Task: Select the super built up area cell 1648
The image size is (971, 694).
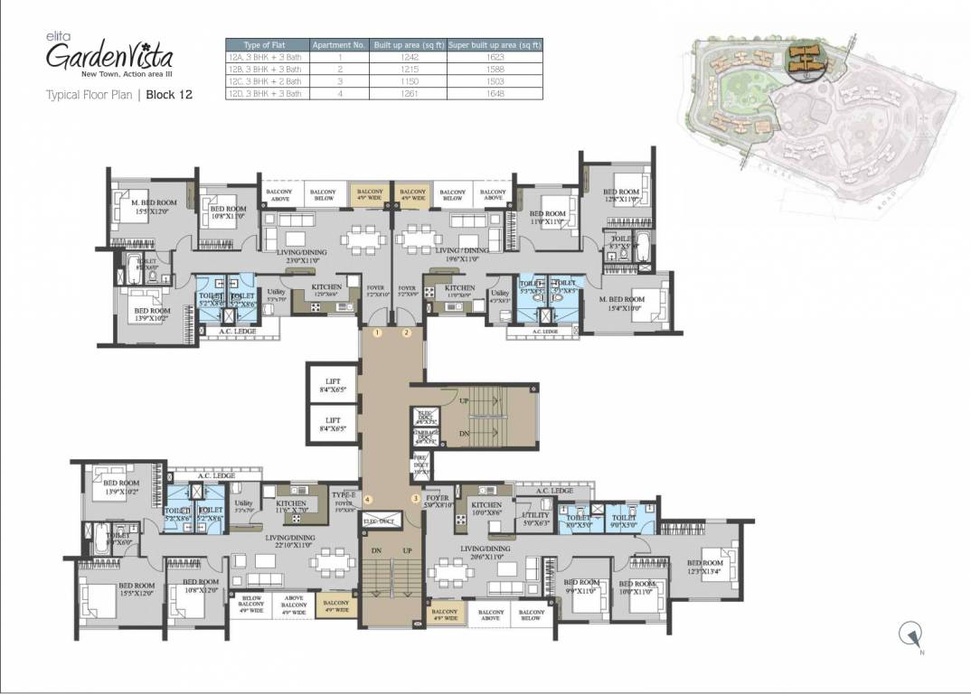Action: (x=495, y=93)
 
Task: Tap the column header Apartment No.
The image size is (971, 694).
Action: (x=337, y=44)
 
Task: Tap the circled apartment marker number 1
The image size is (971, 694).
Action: (x=378, y=333)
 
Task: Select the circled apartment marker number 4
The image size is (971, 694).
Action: (x=368, y=499)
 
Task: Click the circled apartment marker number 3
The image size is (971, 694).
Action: (x=416, y=499)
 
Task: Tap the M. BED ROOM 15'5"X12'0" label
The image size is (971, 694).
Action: (x=154, y=207)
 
